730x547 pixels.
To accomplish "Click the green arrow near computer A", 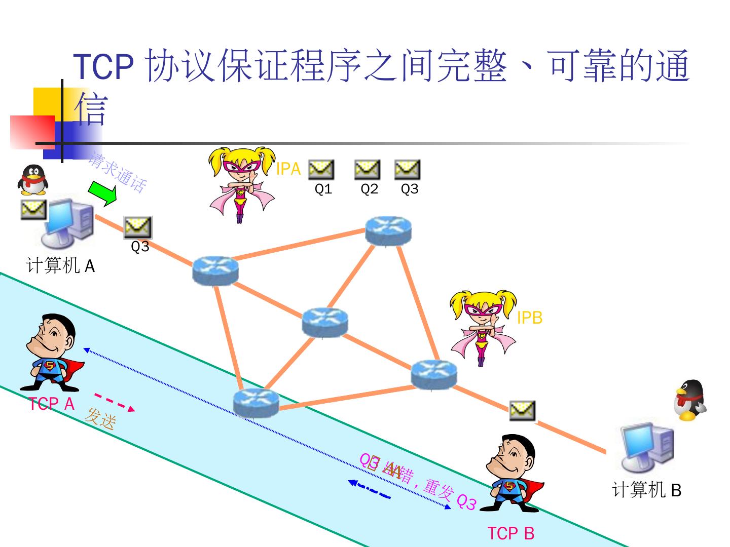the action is tap(102, 193).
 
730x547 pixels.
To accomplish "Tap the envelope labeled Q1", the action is tap(321, 170).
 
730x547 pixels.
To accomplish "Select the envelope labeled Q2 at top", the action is tap(367, 170).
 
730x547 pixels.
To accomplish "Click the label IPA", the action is tap(288, 169).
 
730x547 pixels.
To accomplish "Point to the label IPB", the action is tap(529, 318).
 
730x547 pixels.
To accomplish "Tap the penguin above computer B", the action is tap(690, 400).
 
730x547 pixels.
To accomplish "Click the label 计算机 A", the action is tap(60, 265).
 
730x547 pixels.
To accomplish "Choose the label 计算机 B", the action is tap(646, 490).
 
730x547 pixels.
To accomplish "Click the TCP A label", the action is tap(52, 404).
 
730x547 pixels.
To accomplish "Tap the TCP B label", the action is tap(510, 533).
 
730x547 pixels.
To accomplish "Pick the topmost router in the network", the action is tap(388, 230).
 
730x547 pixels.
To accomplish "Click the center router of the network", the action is tap(325, 322).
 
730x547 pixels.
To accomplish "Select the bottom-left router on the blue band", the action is tap(256, 402).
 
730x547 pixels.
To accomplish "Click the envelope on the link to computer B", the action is tap(522, 411).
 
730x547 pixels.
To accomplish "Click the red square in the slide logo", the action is tap(31, 132).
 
